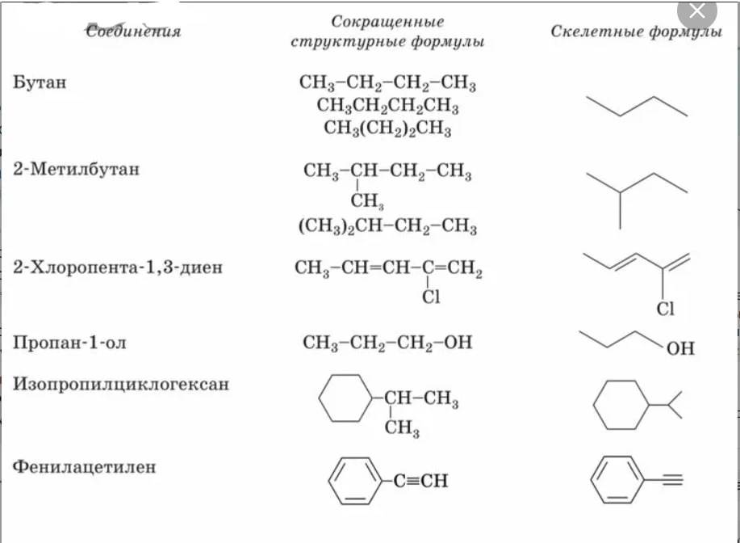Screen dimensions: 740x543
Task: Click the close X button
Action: (697, 11)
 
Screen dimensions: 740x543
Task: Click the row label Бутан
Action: (40, 82)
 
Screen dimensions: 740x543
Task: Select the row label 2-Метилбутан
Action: (77, 169)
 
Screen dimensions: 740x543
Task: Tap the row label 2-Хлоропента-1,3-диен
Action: (118, 267)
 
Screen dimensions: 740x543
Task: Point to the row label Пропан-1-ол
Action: (70, 342)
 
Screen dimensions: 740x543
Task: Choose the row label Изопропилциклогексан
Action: (121, 384)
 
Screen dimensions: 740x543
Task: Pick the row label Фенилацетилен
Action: (84, 467)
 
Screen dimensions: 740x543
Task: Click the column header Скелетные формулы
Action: (636, 32)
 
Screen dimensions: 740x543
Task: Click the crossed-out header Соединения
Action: (134, 32)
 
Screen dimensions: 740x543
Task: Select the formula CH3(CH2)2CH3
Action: (387, 128)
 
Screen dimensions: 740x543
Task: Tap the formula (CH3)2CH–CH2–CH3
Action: (387, 226)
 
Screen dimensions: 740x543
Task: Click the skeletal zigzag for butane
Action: (637, 107)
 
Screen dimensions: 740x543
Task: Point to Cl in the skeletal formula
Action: (666, 309)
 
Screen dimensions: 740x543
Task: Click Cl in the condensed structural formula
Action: (431, 297)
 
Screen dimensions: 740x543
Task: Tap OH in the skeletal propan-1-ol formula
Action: (680, 349)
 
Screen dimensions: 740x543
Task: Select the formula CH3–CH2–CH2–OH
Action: (387, 343)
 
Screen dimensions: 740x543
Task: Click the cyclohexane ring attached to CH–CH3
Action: (346, 398)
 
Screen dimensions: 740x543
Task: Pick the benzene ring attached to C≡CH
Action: (355, 481)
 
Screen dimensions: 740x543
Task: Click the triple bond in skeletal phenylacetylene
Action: (664, 480)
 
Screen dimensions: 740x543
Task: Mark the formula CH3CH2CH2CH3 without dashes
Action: (387, 105)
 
